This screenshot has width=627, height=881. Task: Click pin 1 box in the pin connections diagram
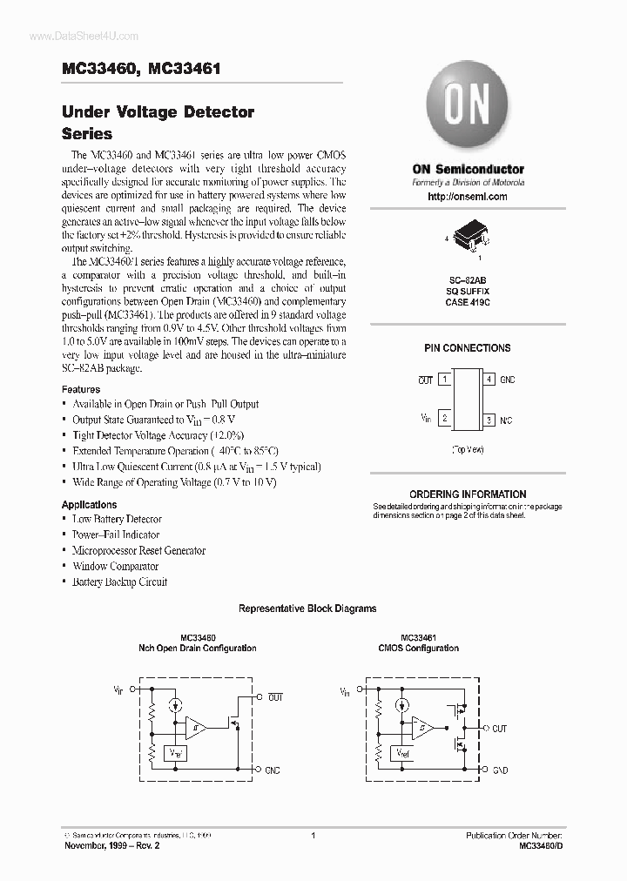click(444, 380)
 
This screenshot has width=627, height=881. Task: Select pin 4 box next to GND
click(490, 380)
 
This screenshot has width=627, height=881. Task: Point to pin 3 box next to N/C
click(490, 420)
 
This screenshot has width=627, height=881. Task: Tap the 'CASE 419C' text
click(468, 302)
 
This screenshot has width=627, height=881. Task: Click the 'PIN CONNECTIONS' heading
click(468, 348)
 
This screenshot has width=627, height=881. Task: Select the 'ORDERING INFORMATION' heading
click(468, 494)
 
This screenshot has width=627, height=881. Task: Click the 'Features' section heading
click(81, 389)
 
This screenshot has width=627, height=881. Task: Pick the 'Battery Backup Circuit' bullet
click(119, 582)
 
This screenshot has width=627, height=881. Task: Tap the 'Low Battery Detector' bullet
click(117, 519)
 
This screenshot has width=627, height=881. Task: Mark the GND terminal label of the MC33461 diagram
click(500, 770)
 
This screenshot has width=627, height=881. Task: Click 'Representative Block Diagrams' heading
click(307, 609)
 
